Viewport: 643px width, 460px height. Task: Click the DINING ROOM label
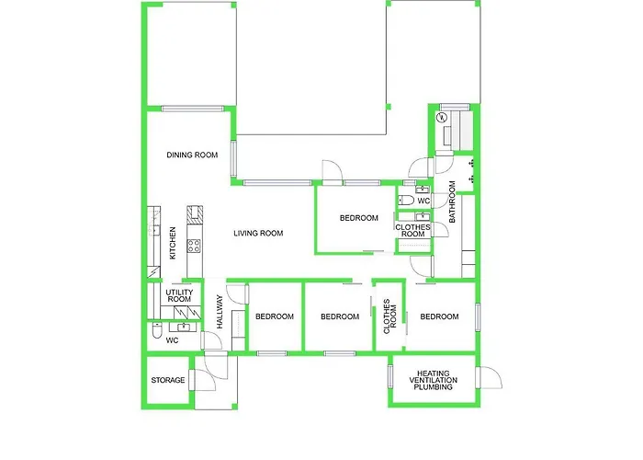coord(192,155)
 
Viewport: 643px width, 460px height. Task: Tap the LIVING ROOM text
coord(257,234)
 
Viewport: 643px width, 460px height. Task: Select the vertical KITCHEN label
coord(173,243)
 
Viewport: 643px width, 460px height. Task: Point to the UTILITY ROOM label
coord(178,295)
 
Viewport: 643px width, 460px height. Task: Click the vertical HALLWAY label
coord(220,312)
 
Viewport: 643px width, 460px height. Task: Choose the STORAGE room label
coord(168,380)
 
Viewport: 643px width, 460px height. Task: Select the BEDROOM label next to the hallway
coord(275,316)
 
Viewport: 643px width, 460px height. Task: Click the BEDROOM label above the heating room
coord(438,316)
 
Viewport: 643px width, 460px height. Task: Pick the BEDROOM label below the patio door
coord(359,218)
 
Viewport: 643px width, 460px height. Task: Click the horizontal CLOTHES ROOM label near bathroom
coord(412,230)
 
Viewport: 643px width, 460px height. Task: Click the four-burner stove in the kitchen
coord(195,245)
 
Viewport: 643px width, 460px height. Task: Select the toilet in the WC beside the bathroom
coord(406,200)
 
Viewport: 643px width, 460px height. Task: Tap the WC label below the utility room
coord(172,340)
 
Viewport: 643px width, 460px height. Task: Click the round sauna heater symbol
coord(442,117)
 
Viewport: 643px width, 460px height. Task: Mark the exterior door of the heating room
coord(493,379)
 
